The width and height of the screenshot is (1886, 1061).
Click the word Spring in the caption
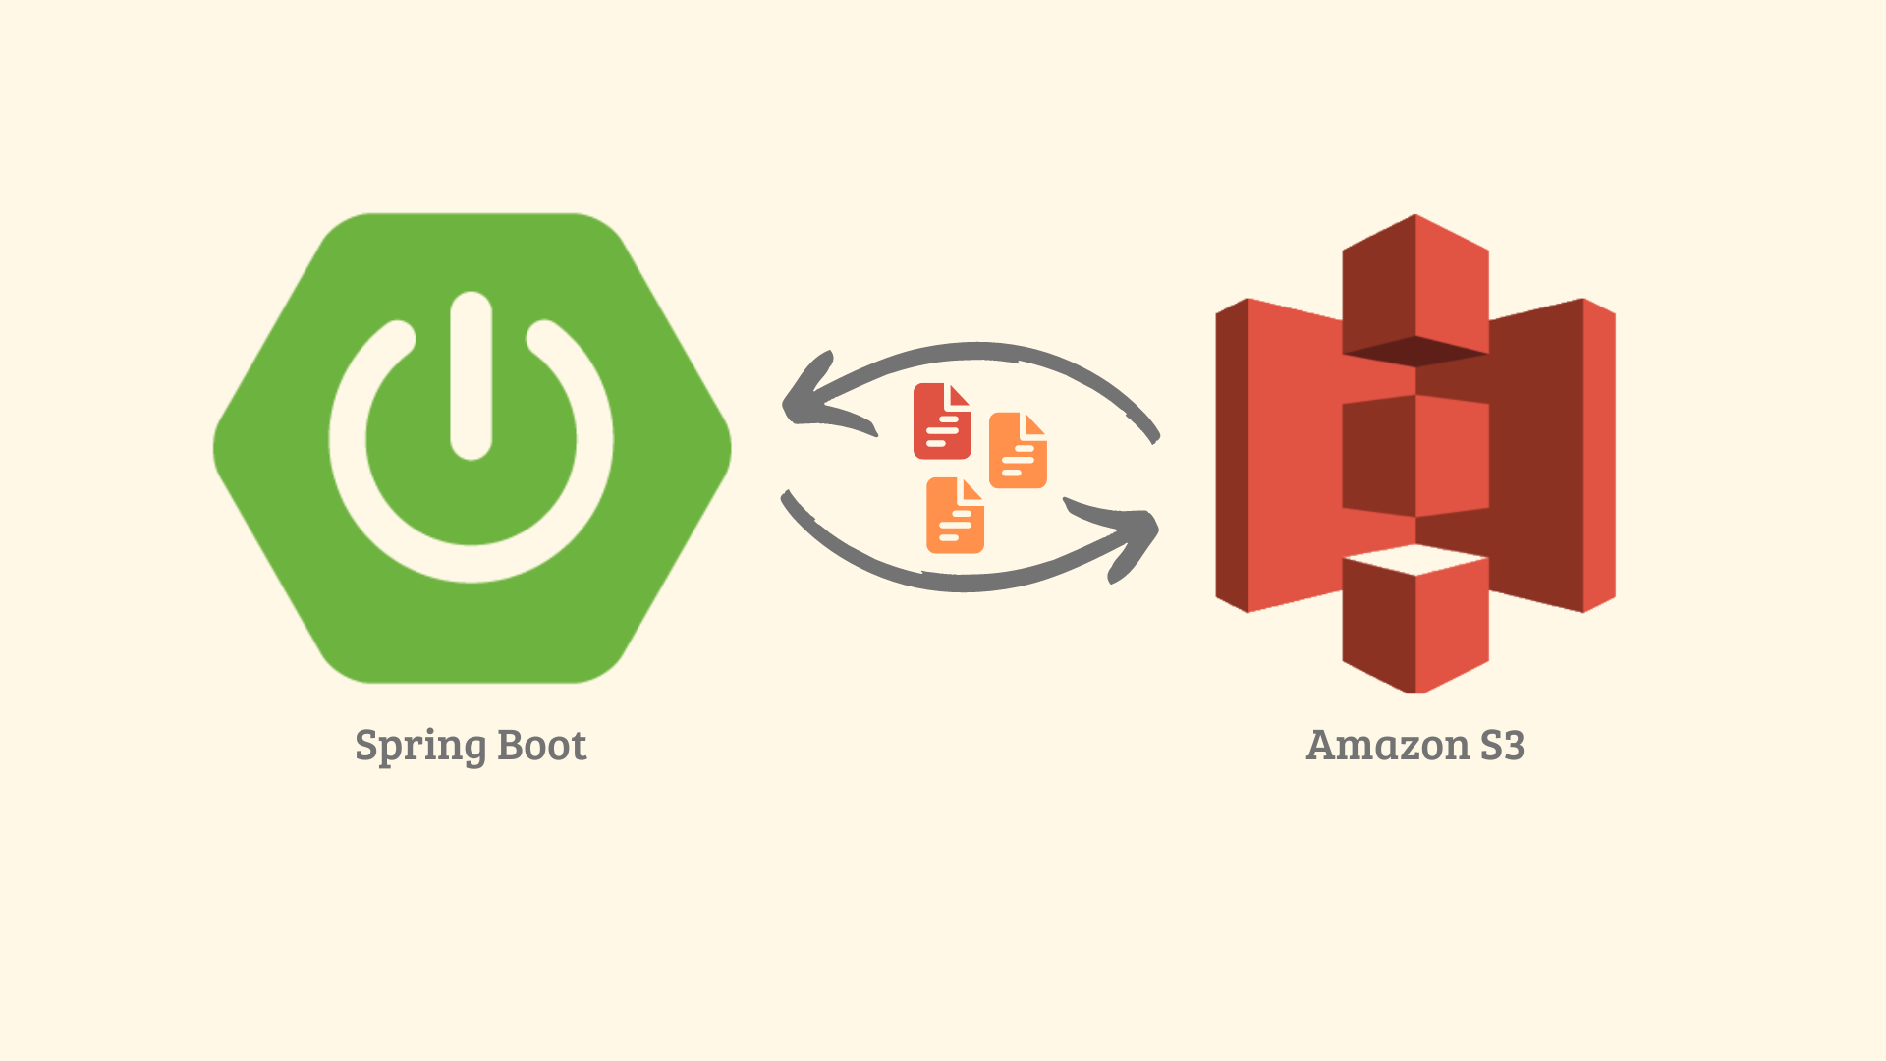419,747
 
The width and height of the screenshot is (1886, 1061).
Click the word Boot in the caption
542,745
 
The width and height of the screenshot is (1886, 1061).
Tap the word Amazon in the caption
1387,745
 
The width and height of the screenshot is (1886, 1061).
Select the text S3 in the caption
1502,745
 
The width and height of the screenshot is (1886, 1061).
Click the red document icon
942,421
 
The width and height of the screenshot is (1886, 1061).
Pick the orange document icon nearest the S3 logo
1018,451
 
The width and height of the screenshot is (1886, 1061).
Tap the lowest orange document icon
955,516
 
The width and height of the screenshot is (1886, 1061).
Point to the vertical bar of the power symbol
471,375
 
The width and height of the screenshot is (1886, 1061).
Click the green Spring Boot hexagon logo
472,448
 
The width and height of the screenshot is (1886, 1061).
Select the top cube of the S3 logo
1415,285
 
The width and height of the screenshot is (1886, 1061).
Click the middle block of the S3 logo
1415,456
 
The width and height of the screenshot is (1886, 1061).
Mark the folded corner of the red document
958,395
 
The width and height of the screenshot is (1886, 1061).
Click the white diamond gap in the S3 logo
1415,560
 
